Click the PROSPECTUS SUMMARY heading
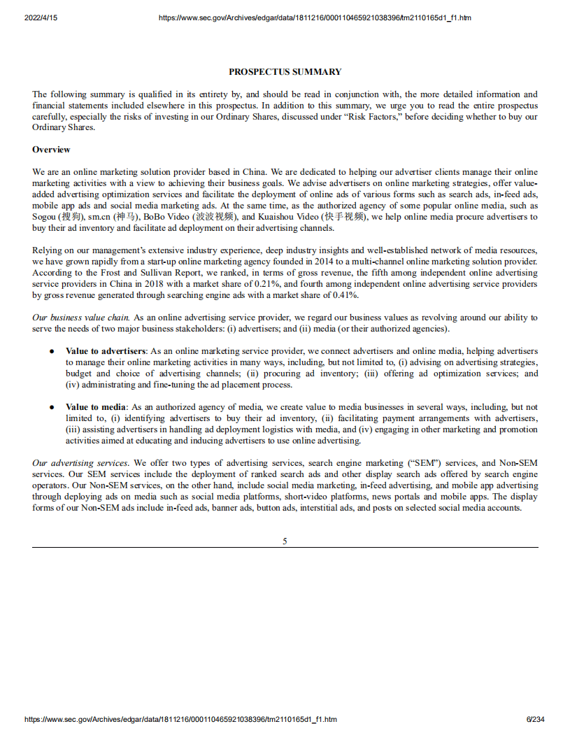[285, 71]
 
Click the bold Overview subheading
[51, 150]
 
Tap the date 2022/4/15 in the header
[41, 17]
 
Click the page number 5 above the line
[285, 541]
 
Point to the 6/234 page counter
[535, 719]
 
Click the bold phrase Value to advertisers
[106, 350]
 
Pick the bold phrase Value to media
[96, 406]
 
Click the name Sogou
[44, 217]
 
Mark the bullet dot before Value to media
[52, 406]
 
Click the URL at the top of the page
[314, 17]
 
